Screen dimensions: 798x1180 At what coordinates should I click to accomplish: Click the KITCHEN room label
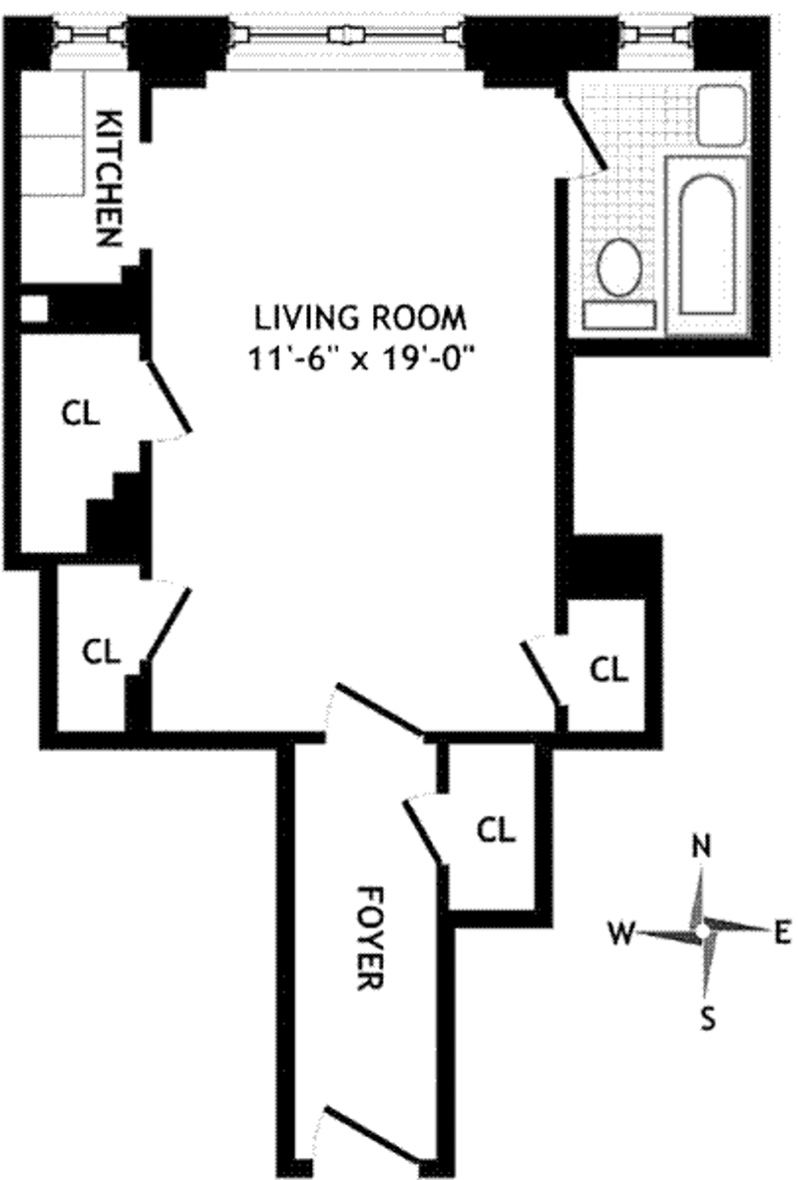pyautogui.click(x=110, y=179)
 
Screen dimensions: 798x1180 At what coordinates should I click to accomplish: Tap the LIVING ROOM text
pyautogui.click(x=360, y=317)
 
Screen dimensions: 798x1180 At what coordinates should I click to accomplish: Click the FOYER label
pyautogui.click(x=369, y=938)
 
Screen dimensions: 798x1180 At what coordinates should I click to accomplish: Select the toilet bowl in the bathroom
pyautogui.click(x=619, y=269)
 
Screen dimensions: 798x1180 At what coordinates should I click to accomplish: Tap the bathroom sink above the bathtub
pyautogui.click(x=721, y=115)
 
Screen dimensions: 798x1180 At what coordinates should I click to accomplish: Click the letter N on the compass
pyautogui.click(x=701, y=847)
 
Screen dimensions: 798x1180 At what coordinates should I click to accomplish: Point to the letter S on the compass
pyautogui.click(x=707, y=1020)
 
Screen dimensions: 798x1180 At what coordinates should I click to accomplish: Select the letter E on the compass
pyautogui.click(x=782, y=933)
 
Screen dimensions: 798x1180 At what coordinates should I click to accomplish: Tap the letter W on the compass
pyautogui.click(x=622, y=933)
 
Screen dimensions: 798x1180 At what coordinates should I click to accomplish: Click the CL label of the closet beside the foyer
pyautogui.click(x=496, y=830)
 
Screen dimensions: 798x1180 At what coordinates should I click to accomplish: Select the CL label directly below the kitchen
pyautogui.click(x=81, y=413)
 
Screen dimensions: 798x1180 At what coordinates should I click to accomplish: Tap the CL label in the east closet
pyautogui.click(x=608, y=669)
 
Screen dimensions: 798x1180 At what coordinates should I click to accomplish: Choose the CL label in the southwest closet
pyautogui.click(x=102, y=652)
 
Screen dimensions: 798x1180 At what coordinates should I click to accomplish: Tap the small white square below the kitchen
pyautogui.click(x=34, y=308)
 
